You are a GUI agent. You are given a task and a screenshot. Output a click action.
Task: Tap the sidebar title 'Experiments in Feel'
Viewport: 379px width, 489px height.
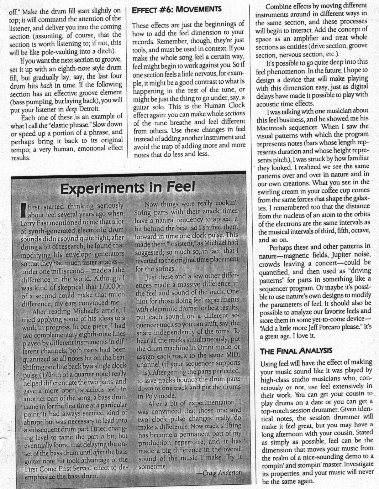127,187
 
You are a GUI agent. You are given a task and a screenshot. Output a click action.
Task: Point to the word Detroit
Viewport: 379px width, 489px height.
89,109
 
